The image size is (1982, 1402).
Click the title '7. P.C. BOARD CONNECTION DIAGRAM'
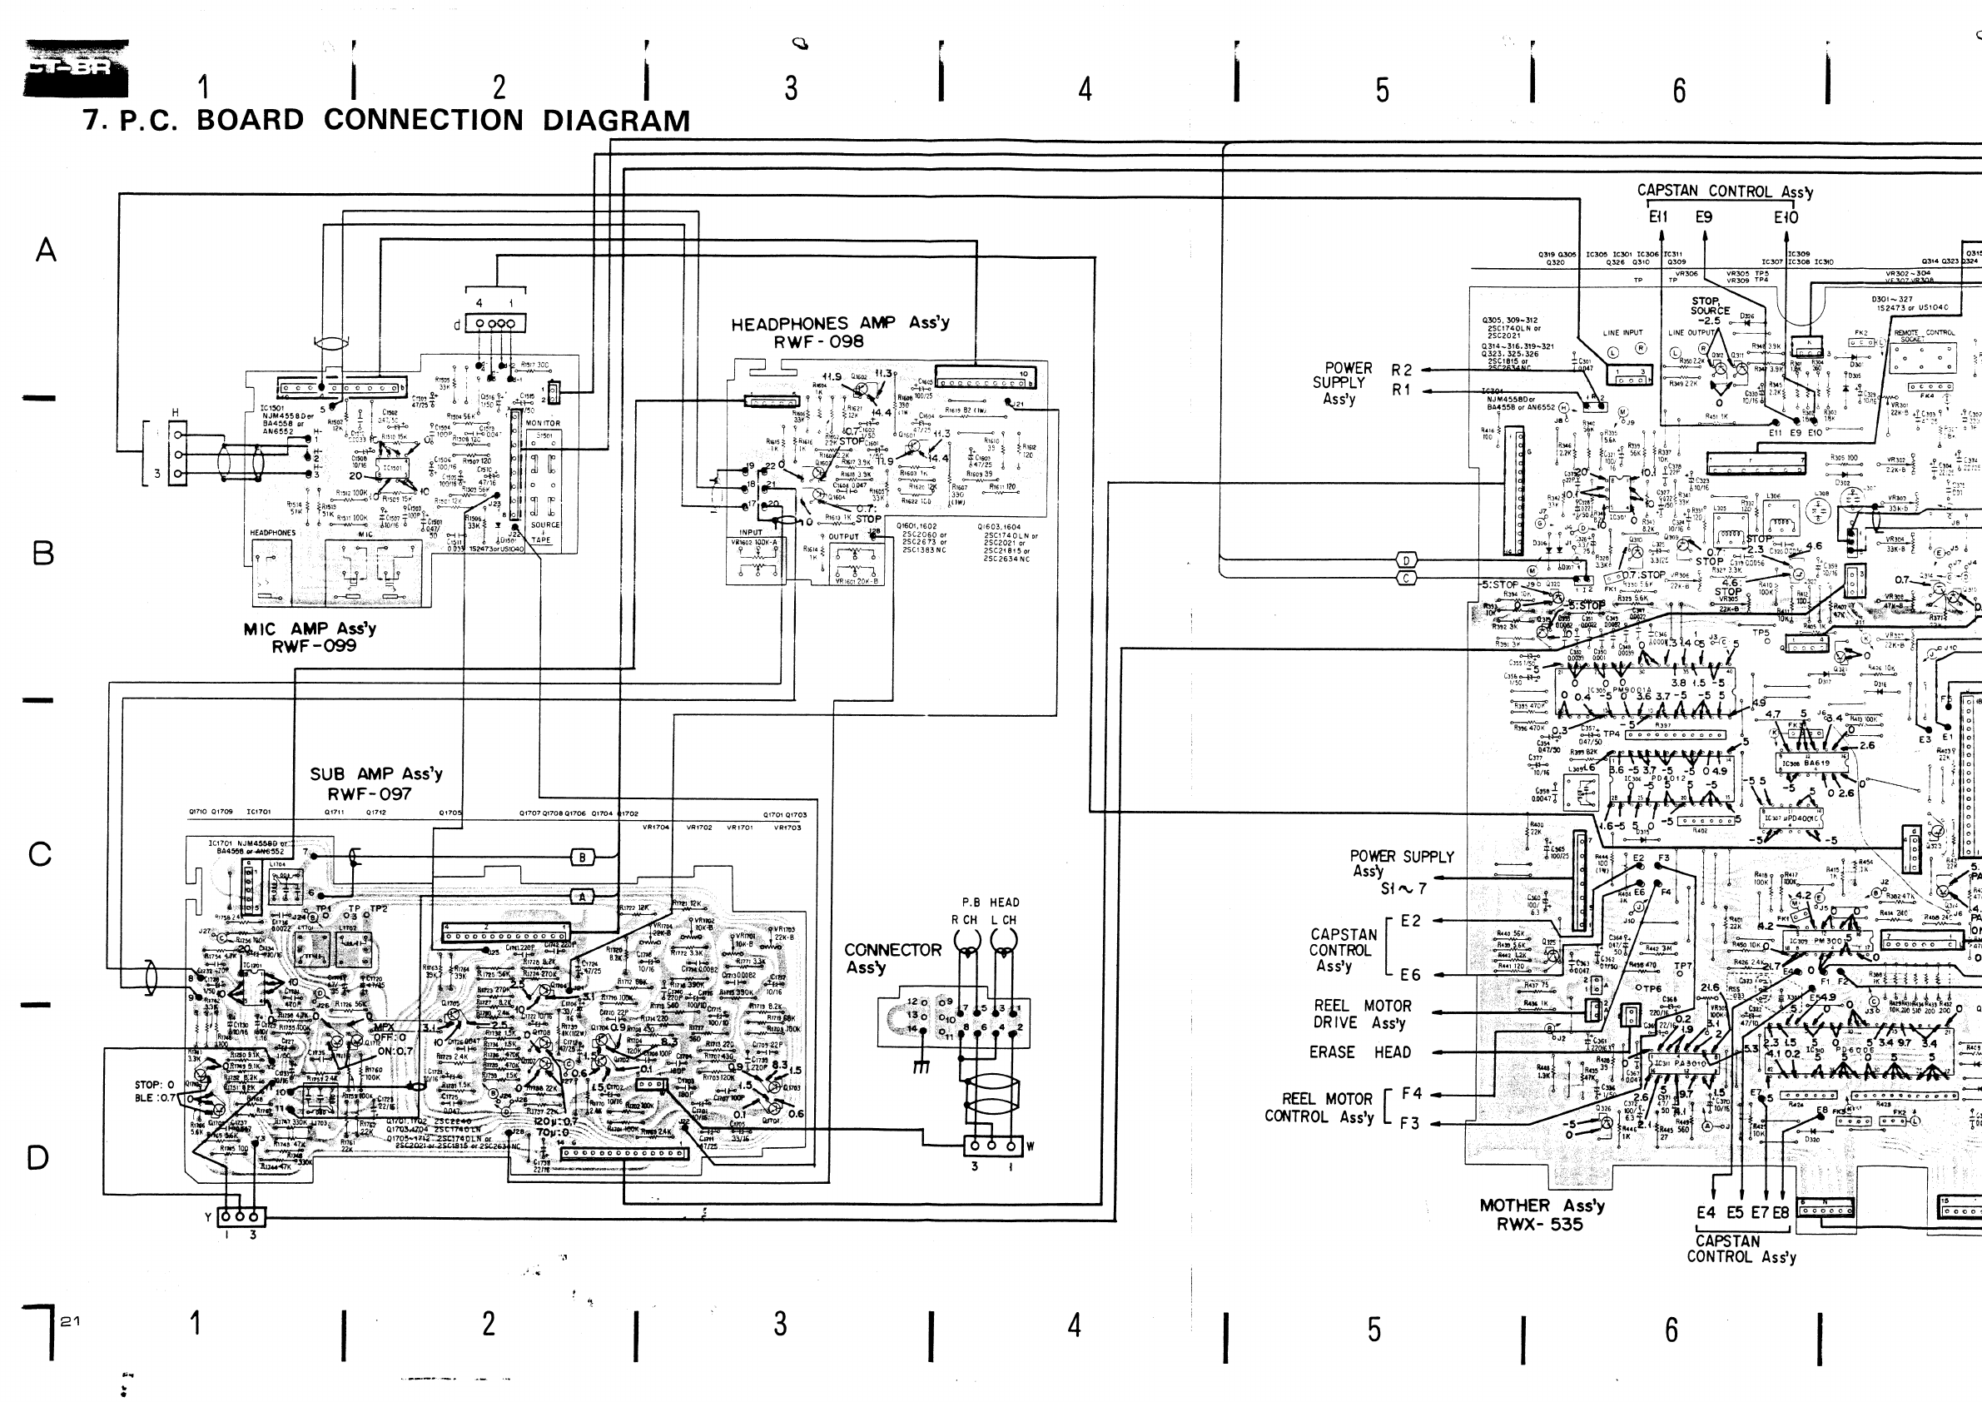click(387, 120)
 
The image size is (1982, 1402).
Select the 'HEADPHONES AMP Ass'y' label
click(840, 323)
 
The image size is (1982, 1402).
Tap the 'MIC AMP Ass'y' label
click(309, 629)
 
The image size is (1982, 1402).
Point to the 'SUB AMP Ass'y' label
click(376, 773)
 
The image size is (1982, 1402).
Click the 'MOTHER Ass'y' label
click(1542, 1206)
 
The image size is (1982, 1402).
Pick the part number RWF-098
click(818, 342)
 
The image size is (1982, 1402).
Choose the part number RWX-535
click(1540, 1224)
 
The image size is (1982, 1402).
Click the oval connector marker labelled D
click(1406, 561)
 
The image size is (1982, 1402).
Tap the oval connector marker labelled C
click(1406, 579)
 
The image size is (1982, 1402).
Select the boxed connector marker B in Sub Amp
click(583, 858)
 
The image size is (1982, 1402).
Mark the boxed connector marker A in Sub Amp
click(583, 897)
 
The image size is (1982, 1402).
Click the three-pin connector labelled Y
click(241, 1216)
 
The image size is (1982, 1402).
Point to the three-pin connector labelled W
click(993, 1146)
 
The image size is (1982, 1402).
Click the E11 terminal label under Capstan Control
click(1658, 217)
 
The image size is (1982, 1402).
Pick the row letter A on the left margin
click(46, 251)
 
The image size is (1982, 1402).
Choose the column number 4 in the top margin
click(1085, 89)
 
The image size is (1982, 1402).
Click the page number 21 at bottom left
click(71, 1321)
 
